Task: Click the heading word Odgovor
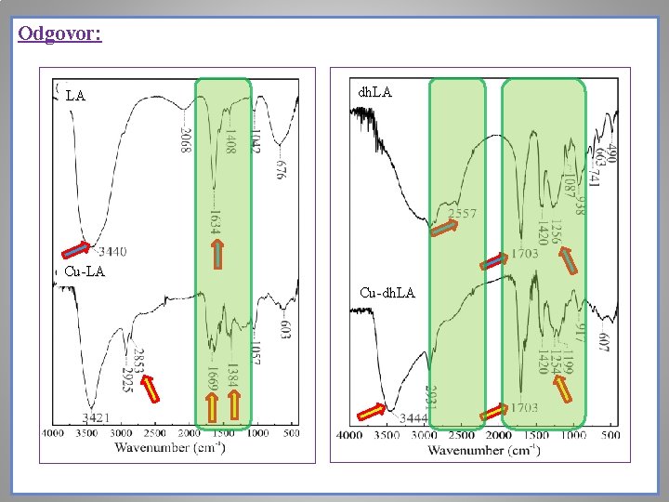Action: coord(59,34)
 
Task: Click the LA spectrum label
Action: coord(75,95)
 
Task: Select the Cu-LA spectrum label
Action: coord(85,271)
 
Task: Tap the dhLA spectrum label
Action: coord(374,92)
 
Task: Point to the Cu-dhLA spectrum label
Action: coord(387,293)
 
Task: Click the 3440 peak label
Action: coord(112,251)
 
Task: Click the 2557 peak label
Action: coord(463,214)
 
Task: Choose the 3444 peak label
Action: coord(412,419)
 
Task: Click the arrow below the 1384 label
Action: coord(235,405)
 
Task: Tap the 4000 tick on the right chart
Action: coord(349,435)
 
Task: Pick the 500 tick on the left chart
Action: coord(292,433)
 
